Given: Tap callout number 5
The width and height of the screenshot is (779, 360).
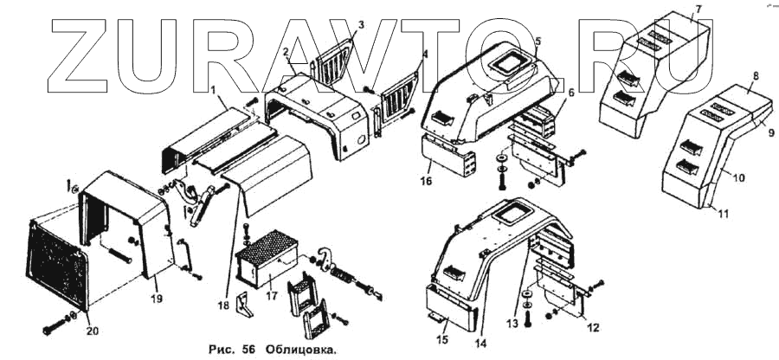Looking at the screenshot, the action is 538,41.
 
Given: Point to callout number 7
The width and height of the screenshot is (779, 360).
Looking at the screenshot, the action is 698,9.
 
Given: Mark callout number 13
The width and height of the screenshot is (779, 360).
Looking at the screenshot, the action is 512,323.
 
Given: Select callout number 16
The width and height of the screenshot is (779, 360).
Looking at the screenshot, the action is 426,183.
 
